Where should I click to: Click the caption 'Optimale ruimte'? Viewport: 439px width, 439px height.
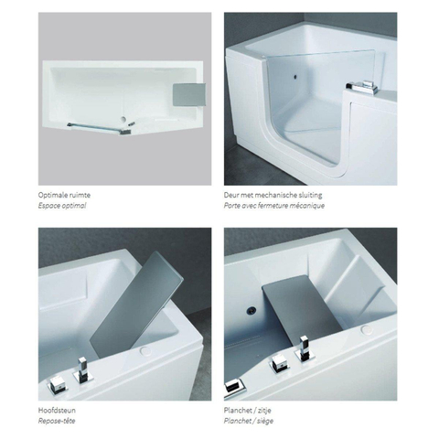[64, 195]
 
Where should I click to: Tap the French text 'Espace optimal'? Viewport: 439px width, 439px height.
[62, 206]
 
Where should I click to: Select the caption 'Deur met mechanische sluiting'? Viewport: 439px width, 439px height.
[273, 195]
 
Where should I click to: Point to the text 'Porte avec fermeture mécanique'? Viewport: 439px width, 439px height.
[274, 206]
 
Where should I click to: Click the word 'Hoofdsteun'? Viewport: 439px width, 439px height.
[57, 411]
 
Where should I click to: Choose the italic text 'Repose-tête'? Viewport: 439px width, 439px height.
[57, 421]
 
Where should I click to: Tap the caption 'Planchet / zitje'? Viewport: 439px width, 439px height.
[247, 411]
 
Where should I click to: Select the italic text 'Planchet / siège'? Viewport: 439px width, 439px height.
[249, 421]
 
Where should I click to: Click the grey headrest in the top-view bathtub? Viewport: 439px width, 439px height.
[189, 95]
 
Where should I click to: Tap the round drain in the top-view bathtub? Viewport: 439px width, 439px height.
[123, 119]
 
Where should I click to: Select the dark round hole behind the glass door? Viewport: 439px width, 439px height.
[295, 77]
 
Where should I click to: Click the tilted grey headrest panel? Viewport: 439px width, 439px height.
[136, 305]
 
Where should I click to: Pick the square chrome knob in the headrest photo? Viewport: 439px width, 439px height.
[57, 385]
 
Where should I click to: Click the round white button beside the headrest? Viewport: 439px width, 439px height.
[145, 351]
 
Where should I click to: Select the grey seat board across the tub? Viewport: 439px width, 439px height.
[302, 306]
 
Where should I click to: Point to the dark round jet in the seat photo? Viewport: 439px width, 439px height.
[252, 311]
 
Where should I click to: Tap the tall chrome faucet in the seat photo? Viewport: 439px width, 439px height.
[305, 348]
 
